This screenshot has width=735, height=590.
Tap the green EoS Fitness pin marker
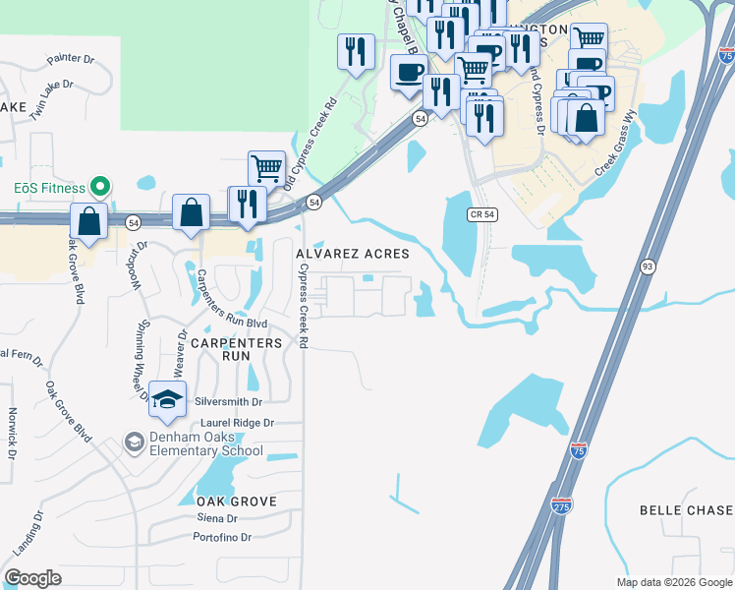97,186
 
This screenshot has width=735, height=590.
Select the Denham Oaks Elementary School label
206,444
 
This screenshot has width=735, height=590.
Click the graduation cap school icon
167,399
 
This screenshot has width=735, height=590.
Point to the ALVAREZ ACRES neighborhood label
353,254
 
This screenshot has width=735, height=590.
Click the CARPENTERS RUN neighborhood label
235,349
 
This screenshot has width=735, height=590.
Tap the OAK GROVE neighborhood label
229,501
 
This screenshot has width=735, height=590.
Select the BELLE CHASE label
686,510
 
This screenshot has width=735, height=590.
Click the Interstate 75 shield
580,452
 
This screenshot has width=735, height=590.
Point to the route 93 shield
647,266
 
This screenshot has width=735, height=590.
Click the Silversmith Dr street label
230,402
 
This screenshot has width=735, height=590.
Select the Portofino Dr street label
223,537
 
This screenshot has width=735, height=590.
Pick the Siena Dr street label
217,518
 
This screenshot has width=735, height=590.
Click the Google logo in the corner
33,578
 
